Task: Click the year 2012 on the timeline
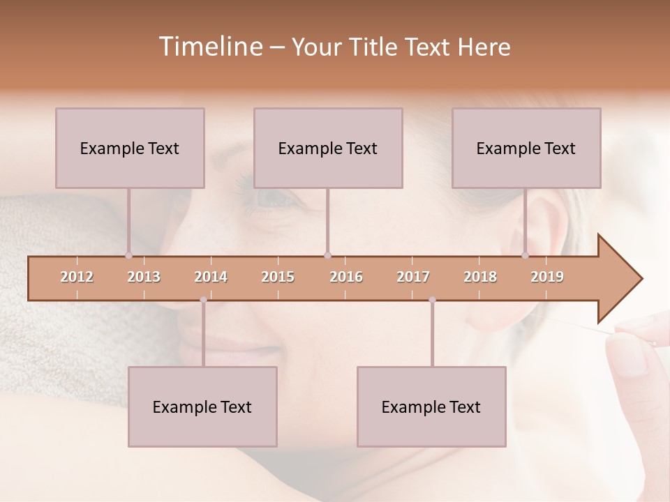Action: (77, 277)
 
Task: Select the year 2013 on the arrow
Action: (144, 277)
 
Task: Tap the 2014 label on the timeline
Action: (211, 277)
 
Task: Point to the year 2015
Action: (278, 277)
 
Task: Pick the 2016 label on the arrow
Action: (346, 277)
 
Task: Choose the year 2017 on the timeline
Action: (413, 277)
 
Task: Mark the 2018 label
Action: (480, 277)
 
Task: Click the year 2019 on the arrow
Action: (547, 277)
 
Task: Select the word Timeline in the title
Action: (209, 47)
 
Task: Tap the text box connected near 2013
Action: (130, 148)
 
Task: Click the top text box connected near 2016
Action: (328, 148)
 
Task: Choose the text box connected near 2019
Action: (526, 148)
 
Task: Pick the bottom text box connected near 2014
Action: (202, 406)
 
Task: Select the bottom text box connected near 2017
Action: (431, 406)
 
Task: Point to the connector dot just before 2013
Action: (128, 255)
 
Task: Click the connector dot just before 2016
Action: (327, 255)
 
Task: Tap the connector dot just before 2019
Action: (526, 255)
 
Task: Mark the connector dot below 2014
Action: (203, 300)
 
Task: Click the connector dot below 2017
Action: (432, 300)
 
